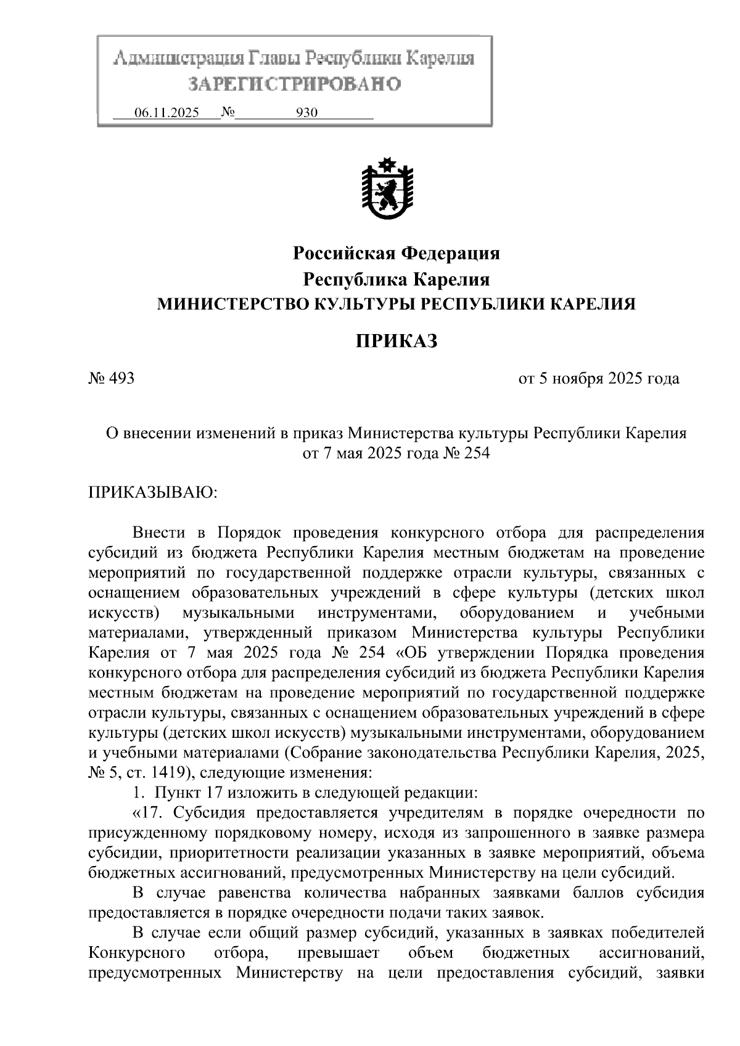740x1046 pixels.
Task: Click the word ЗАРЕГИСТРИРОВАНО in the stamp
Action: (294, 83)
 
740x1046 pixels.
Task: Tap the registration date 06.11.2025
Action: (166, 113)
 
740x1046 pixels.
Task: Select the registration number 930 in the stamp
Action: (306, 113)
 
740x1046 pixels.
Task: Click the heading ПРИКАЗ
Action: (397, 341)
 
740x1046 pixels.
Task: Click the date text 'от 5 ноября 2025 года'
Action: (599, 378)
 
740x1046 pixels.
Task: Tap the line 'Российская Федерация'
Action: (397, 253)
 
